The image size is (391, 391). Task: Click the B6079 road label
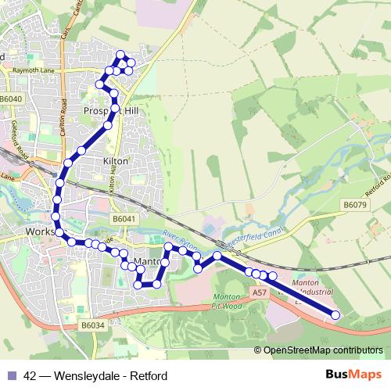(x=354, y=205)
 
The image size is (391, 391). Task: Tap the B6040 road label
(x=12, y=99)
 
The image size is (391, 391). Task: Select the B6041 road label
(x=124, y=220)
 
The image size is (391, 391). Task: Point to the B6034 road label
(x=92, y=325)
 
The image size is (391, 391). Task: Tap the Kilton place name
(x=115, y=160)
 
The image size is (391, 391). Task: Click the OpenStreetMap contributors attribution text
(x=323, y=350)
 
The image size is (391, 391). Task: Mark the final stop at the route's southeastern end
(x=335, y=315)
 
